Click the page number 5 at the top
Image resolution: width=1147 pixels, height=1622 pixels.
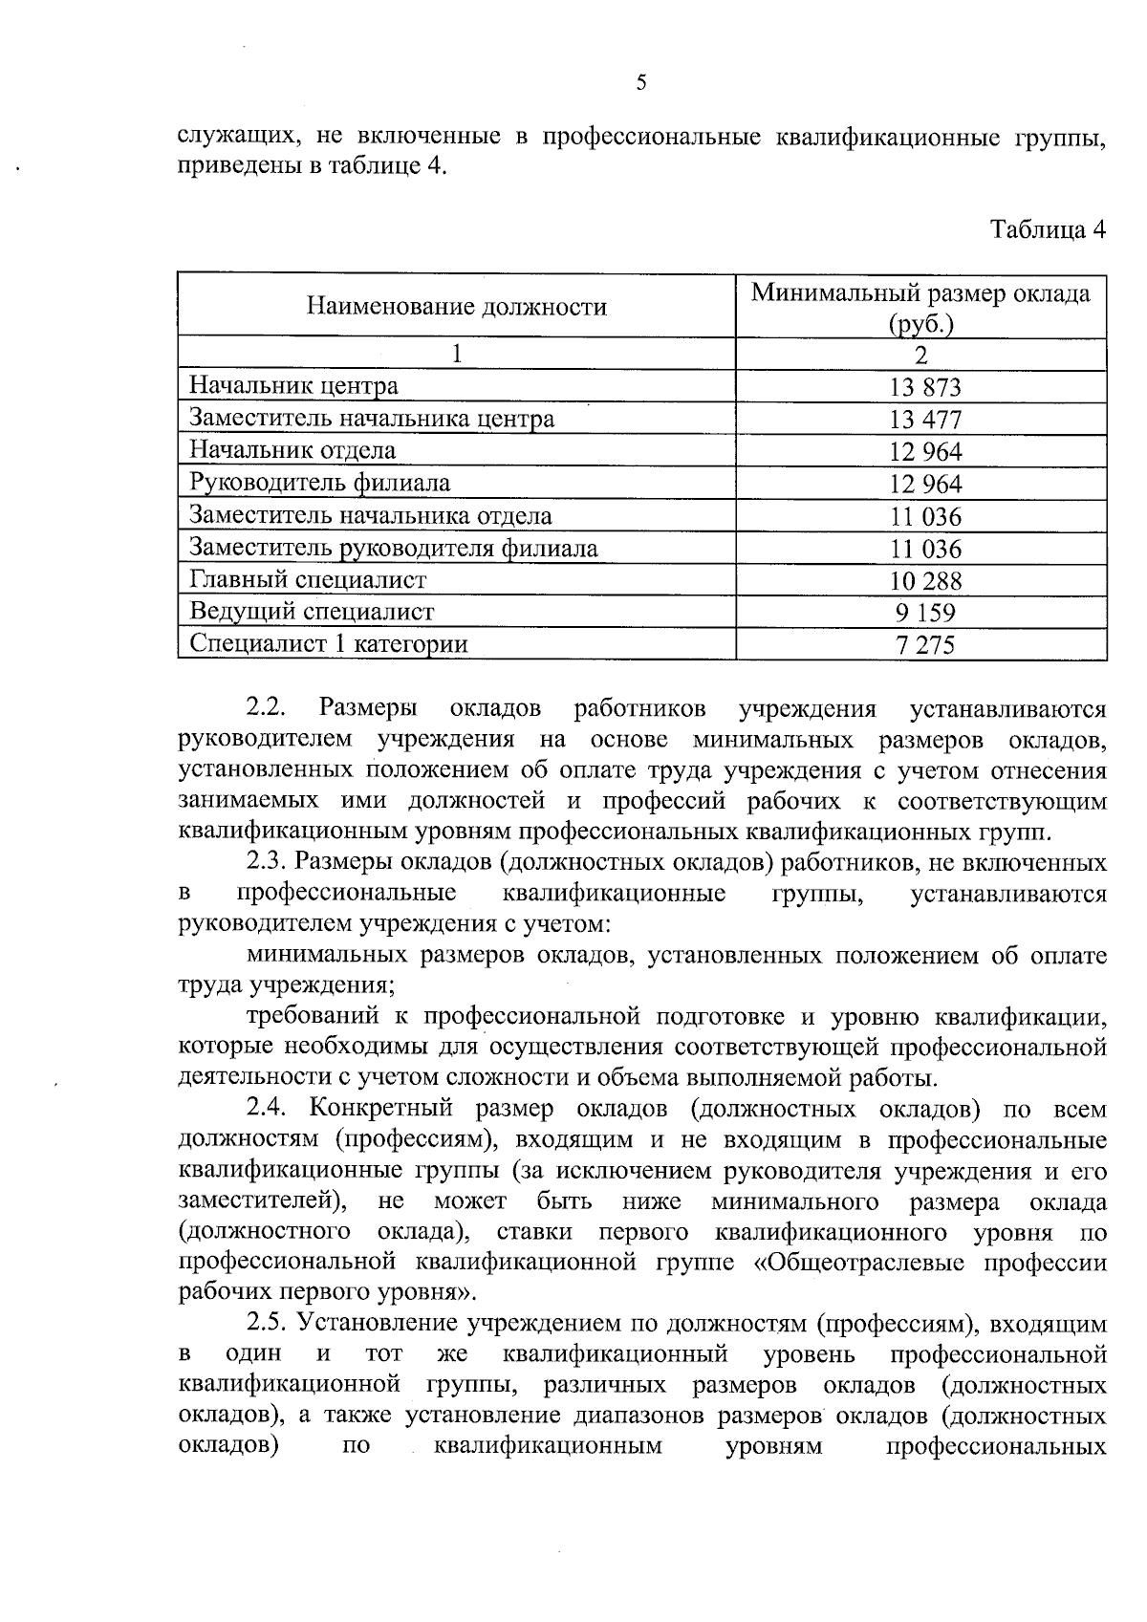tap(641, 83)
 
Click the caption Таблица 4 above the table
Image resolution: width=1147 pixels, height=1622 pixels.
tap(1048, 230)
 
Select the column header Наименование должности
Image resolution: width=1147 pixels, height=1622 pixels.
tap(456, 307)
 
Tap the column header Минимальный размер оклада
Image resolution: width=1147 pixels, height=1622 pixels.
tap(920, 293)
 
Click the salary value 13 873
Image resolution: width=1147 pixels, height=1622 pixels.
tap(924, 387)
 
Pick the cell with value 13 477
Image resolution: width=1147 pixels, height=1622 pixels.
tap(924, 420)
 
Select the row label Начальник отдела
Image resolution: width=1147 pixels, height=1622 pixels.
tap(292, 450)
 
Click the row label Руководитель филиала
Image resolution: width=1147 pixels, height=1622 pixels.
tap(319, 483)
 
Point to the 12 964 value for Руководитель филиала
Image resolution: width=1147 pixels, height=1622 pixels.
tap(924, 484)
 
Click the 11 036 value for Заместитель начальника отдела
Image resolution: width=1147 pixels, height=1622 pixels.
tap(924, 517)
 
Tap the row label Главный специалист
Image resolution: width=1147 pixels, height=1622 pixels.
tap(308, 580)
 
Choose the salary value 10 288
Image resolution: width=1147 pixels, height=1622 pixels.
tap(924, 581)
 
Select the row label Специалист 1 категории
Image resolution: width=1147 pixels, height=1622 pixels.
tap(329, 643)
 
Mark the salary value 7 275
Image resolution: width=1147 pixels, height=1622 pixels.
tap(924, 645)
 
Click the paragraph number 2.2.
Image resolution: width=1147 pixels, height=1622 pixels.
tap(267, 708)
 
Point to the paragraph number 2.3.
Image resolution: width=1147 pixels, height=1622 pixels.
tap(267, 862)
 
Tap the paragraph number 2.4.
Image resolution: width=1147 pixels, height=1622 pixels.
tap(267, 1109)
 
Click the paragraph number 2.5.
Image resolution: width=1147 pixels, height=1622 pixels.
tap(267, 1324)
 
